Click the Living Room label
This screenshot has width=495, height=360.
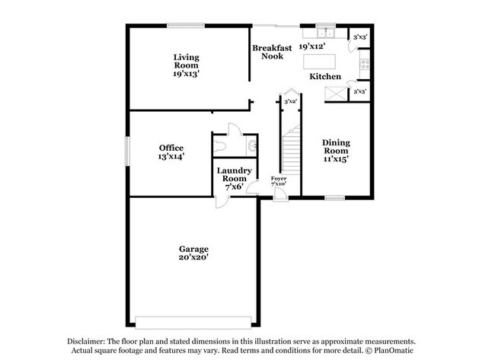tap(186, 65)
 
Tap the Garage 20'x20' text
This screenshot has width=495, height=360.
tap(193, 253)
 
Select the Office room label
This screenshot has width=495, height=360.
tap(171, 151)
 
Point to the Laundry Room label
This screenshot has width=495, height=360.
tap(233, 178)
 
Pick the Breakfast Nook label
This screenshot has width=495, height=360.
tap(273, 52)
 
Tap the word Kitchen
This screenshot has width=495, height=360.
tap(324, 77)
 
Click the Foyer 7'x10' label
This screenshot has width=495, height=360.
tap(279, 181)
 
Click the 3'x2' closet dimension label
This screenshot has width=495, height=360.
tap(290, 101)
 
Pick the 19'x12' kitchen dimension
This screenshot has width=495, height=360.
tap(312, 46)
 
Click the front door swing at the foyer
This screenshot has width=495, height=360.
tap(280, 194)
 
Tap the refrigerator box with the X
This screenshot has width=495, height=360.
tap(334, 93)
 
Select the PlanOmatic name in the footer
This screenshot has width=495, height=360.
tap(393, 351)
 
